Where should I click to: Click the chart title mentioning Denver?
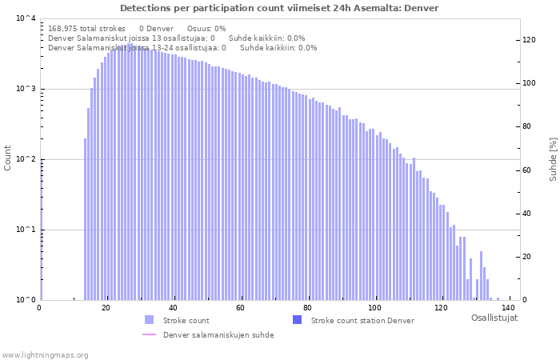279,8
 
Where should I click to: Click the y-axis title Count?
8,158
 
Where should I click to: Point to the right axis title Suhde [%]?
553,158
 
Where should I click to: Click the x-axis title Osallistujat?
494,318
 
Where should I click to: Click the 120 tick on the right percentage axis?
529,40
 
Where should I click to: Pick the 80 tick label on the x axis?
307,308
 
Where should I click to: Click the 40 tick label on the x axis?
173,308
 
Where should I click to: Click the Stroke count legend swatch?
150,320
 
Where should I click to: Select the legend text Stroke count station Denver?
362,321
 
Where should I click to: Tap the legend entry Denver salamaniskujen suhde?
218,335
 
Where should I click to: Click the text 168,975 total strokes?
86,29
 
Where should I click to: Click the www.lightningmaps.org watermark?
45,354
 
